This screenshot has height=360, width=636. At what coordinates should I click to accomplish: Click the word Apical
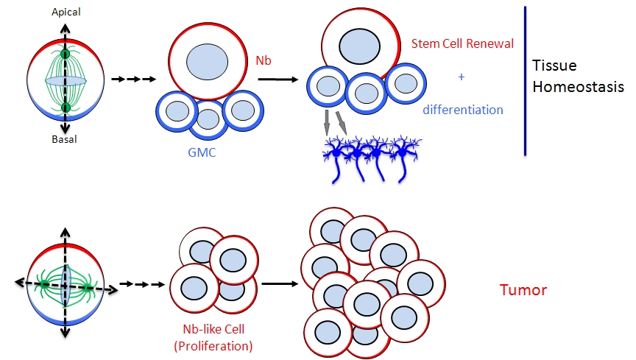pos(66,13)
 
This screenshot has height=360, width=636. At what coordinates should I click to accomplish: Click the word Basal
pos(66,140)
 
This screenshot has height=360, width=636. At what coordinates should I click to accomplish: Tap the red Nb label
pos(264,60)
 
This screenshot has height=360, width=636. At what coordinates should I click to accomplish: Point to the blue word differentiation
pos(463,110)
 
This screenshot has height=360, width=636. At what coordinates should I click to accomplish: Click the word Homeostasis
pos(578,86)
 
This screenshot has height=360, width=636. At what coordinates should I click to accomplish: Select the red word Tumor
pos(523,290)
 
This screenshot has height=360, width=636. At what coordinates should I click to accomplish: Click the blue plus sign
pos(462,76)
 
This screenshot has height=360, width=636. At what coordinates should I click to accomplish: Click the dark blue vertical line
pos(525,80)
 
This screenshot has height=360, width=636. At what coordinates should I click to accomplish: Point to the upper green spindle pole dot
pos(66,54)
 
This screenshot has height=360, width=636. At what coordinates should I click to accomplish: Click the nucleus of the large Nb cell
pos(208,60)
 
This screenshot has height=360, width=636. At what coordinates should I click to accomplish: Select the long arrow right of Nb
pos(277,79)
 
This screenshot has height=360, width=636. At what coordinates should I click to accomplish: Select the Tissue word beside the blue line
pos(551,66)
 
